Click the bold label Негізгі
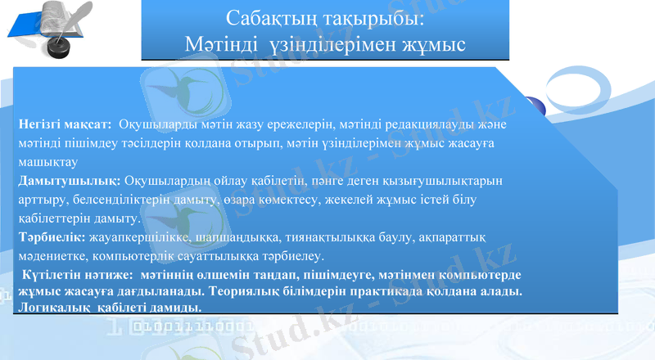42,124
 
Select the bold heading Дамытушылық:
70,180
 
